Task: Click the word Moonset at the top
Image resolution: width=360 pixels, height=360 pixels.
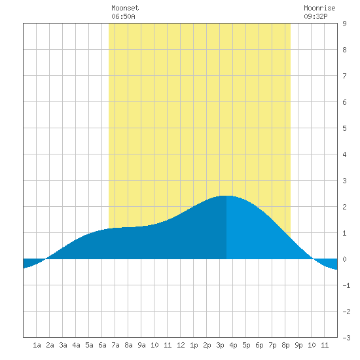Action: [x=125, y=8]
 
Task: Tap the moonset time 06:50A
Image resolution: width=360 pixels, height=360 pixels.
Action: [x=123, y=16]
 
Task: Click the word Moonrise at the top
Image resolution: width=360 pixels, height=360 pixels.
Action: [x=319, y=8]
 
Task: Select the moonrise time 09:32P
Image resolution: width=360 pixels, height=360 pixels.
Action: [x=315, y=16]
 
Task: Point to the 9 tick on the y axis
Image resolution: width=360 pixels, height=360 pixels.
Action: [x=344, y=24]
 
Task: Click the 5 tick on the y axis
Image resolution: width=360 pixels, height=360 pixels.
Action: [x=344, y=128]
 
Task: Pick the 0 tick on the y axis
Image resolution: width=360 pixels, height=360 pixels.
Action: [x=344, y=259]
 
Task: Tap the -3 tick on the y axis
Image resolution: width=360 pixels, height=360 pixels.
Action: [x=346, y=338]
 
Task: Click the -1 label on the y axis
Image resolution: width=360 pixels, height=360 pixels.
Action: [x=346, y=285]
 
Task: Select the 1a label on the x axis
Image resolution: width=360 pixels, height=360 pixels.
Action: [x=37, y=345]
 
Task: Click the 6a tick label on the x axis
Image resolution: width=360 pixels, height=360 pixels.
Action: [x=102, y=345]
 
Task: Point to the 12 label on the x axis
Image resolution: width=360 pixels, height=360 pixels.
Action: [x=181, y=345]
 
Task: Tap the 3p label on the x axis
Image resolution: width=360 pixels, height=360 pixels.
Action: [x=220, y=345]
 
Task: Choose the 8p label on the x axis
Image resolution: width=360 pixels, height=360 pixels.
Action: [x=285, y=345]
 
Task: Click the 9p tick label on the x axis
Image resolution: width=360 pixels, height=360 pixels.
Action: [x=298, y=345]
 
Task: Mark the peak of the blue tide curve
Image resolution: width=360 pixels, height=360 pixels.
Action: [x=226, y=196]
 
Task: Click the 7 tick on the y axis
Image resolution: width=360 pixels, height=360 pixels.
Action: [x=344, y=76]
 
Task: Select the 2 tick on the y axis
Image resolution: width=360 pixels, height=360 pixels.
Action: [x=344, y=207]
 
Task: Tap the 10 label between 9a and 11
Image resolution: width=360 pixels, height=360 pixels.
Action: [x=154, y=345]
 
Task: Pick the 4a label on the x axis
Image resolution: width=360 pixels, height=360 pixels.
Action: [x=76, y=345]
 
